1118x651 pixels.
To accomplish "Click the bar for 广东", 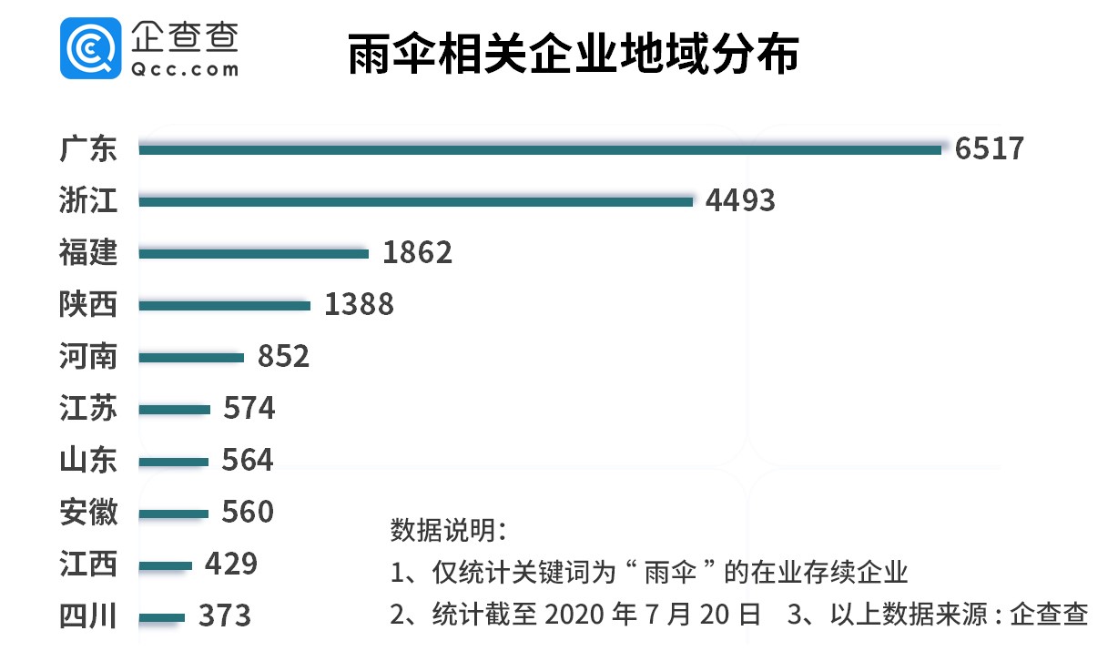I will [540, 148].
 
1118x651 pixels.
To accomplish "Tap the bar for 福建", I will [254, 253].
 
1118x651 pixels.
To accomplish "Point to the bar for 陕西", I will [225, 305].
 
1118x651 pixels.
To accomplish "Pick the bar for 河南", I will [192, 357].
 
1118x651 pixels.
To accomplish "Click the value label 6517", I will [990, 147].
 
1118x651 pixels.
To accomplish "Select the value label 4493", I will [740, 199].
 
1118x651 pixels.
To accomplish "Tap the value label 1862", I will [417, 252].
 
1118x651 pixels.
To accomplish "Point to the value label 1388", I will [359, 304].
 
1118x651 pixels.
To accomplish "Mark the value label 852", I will [283, 356].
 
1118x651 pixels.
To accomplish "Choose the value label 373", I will [224, 616].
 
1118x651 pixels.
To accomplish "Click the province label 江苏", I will [88, 409].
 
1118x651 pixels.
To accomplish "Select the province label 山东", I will [88, 461].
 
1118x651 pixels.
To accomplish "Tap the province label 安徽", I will [88, 513].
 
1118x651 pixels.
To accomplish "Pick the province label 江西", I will [88, 565].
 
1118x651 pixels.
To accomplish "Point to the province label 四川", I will [88, 616].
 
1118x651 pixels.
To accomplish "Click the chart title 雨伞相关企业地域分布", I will [574, 55].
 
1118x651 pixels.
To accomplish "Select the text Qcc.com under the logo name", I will [185, 68].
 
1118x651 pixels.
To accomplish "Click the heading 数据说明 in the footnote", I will [448, 530].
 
